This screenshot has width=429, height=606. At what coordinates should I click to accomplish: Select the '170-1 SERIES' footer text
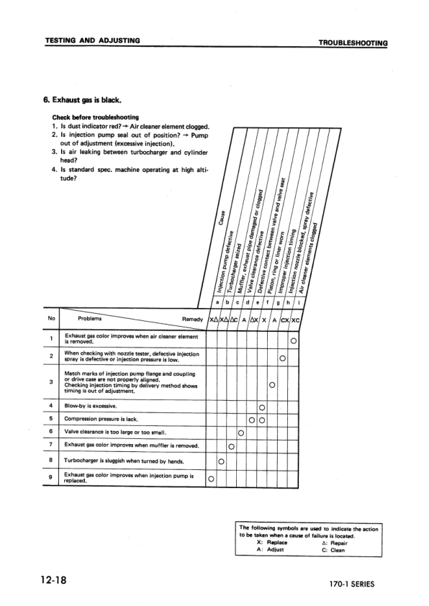[x=348, y=584]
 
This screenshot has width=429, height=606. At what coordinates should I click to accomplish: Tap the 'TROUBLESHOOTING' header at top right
[x=353, y=43]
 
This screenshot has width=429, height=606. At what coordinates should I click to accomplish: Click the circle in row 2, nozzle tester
[x=283, y=358]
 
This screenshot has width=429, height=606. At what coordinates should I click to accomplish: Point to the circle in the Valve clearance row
[x=241, y=433]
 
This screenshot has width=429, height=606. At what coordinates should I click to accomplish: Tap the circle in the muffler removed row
[x=231, y=446]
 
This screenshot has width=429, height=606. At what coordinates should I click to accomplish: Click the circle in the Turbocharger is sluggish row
[x=221, y=461]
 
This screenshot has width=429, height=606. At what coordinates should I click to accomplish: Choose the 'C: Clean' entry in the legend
[x=333, y=550]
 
